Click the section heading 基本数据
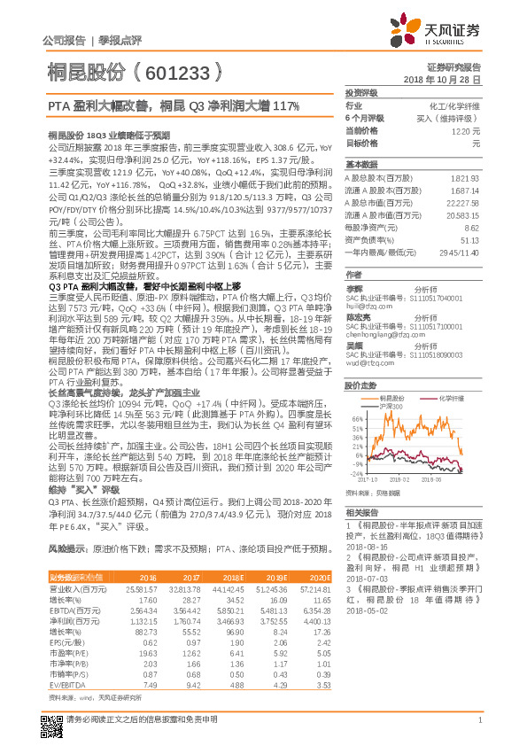pyautogui.click(x=360, y=165)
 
